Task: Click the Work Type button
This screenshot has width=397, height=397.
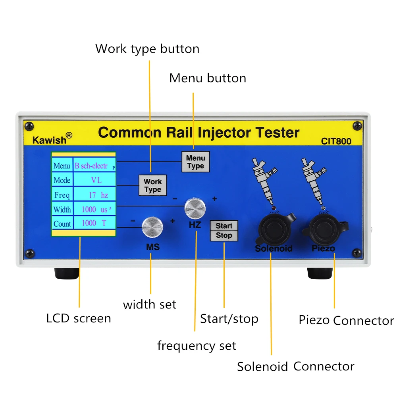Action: coord(152,185)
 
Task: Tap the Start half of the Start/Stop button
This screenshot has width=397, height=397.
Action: coord(224,226)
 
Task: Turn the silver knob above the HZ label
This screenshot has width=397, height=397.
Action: coord(195,208)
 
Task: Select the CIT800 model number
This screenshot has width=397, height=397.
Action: coord(337,141)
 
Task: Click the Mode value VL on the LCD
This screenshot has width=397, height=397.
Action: coord(96,180)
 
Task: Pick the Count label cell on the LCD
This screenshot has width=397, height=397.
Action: coord(62,224)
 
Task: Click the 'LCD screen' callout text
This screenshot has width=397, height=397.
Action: coord(79,318)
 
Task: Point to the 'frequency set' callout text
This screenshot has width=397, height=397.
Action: coord(197,345)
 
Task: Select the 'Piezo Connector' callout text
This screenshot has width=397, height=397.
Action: coord(346,320)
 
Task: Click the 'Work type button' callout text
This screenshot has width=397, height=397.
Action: coord(147,49)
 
